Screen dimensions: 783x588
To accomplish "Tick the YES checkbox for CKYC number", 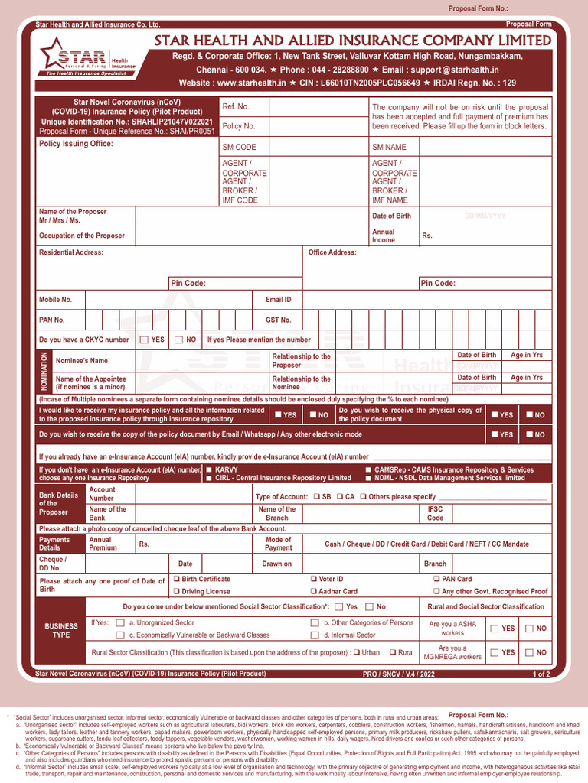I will [x=145, y=339].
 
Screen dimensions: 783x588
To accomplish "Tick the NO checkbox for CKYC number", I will [x=178, y=339].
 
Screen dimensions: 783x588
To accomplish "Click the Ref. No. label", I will [x=235, y=106].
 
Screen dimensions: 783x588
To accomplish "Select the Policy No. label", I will [x=239, y=126].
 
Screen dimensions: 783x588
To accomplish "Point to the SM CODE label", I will [x=239, y=147].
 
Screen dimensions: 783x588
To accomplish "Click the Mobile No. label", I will [x=55, y=300].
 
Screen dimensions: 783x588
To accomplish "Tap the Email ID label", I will [x=278, y=300].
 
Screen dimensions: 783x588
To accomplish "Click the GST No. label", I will [x=278, y=320].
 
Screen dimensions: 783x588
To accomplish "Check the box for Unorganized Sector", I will [x=119, y=623].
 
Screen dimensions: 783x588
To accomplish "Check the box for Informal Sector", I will [x=315, y=635].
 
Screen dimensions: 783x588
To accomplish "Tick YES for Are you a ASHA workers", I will [x=494, y=629].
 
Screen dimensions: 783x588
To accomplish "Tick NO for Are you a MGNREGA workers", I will [x=529, y=652].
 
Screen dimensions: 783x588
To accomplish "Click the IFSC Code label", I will [x=435, y=513].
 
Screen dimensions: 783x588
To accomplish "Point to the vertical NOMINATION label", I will [x=44, y=369].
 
